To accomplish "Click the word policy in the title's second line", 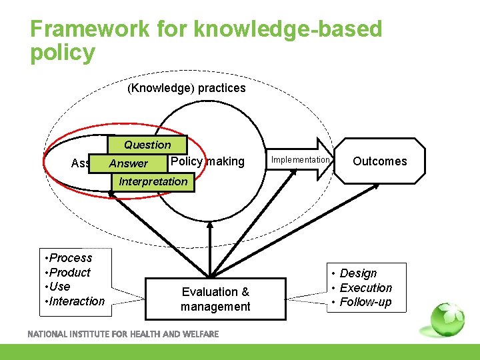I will click(x=63, y=53).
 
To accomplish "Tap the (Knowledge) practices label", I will click(x=186, y=88).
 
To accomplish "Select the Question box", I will click(x=147, y=145).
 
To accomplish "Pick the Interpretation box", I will click(x=153, y=181).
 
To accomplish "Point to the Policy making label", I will click(x=207, y=161).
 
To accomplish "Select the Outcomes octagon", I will click(x=379, y=161).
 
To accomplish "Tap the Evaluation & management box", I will click(x=215, y=299).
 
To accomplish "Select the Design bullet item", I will click(x=357, y=273).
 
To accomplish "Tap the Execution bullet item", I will click(x=365, y=288).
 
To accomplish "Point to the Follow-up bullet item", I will click(x=365, y=303).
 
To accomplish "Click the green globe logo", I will click(x=447, y=319).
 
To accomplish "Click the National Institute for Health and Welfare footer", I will click(x=123, y=334).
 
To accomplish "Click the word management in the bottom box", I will click(x=215, y=307).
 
